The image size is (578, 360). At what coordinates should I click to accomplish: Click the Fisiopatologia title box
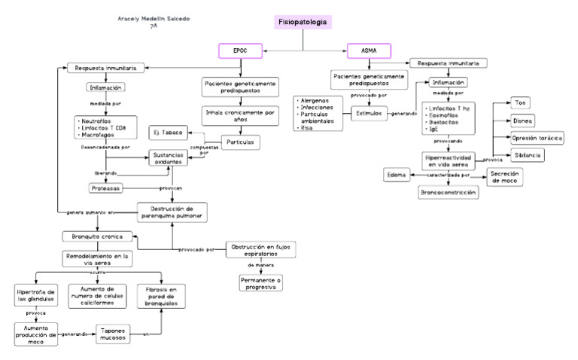point(302,23)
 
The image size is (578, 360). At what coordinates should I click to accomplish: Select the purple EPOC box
point(239,51)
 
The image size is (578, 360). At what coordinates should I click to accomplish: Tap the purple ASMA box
point(369,51)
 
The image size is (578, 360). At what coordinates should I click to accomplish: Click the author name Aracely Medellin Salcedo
point(154,18)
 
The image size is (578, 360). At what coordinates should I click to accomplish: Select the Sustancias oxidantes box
point(168,158)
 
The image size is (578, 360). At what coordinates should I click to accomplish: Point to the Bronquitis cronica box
point(97,236)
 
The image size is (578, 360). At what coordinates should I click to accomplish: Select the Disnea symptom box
point(522,121)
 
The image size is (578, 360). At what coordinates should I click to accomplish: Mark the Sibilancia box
point(527,155)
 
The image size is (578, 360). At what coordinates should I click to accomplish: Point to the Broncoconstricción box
point(449,192)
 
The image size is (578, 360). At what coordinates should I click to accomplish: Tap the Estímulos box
point(369,113)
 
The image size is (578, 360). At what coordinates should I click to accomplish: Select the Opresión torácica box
point(537,139)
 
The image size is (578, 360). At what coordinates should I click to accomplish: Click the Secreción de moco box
point(505,177)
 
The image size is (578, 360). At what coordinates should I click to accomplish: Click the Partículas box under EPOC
point(240,141)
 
